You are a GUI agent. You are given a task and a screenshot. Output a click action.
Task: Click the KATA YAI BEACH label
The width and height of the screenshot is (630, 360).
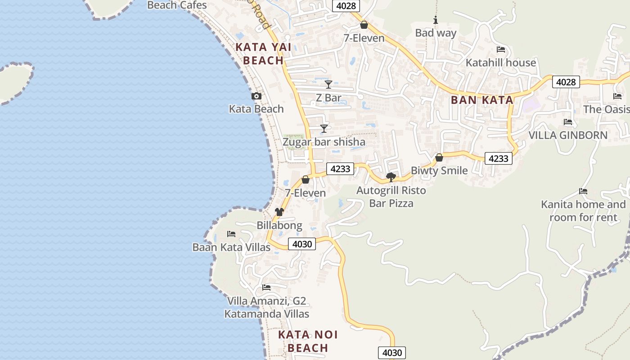pyautogui.click(x=263, y=54)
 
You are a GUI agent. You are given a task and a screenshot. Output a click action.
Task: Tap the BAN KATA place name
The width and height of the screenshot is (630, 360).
pyautogui.click(x=482, y=100)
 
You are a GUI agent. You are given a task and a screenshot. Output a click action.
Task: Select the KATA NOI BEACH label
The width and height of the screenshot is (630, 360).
pyautogui.click(x=308, y=341)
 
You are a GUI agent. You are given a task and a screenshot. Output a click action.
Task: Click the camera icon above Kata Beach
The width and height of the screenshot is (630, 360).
pyautogui.click(x=256, y=96)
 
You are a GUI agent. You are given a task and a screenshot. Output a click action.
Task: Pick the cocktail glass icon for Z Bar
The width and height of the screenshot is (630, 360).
pyautogui.click(x=328, y=84)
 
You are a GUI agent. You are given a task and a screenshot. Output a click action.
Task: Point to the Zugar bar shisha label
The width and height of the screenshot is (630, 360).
pyautogui.click(x=324, y=142)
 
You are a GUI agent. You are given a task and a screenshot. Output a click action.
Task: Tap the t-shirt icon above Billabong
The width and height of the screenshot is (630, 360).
pyautogui.click(x=279, y=212)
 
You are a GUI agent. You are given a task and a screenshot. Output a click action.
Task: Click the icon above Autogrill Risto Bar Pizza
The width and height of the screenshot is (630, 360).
pyautogui.click(x=391, y=177)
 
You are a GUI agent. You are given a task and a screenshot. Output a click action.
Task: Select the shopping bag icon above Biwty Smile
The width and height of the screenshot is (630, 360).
pyautogui.click(x=439, y=157)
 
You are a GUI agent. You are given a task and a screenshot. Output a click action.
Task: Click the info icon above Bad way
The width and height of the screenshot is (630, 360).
pyautogui.click(x=436, y=20)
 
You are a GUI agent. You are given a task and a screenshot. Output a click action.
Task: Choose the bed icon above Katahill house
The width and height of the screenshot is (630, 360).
pyautogui.click(x=501, y=49)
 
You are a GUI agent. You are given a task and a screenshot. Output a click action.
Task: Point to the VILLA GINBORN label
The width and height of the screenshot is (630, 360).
pyautogui.click(x=568, y=135)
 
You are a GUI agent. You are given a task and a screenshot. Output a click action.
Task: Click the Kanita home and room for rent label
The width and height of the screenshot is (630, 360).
pyautogui.click(x=583, y=211)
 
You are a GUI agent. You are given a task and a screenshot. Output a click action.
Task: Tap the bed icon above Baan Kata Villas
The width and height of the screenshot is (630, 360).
pyautogui.click(x=231, y=234)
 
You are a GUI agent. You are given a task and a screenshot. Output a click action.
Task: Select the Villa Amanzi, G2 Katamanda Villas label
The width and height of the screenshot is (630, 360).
pyautogui.click(x=267, y=307)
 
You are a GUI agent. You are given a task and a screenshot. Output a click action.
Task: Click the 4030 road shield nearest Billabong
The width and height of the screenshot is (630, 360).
pyautogui.click(x=302, y=244)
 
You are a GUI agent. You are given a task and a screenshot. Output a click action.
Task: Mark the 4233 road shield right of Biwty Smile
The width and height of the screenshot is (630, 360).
pyautogui.click(x=499, y=158)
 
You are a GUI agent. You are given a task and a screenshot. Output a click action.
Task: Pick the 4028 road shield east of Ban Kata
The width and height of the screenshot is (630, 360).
pyautogui.click(x=566, y=82)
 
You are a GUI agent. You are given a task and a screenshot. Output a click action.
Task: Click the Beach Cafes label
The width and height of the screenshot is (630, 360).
pyautogui.click(x=177, y=5)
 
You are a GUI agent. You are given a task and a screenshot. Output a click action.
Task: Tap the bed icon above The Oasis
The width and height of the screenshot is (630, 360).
pyautogui.click(x=617, y=96)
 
